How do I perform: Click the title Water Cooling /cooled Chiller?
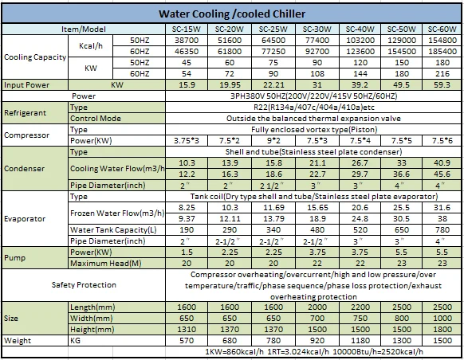(x=232, y=14)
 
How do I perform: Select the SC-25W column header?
(x=273, y=29)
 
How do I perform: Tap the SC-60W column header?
(x=442, y=29)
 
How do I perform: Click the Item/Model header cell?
(x=84, y=29)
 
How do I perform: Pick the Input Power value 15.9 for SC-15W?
(x=187, y=85)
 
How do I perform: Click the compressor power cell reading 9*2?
(x=273, y=141)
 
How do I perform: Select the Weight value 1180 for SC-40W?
(x=360, y=341)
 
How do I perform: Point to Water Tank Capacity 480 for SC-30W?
(x=317, y=230)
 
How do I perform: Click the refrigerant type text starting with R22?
(x=314, y=108)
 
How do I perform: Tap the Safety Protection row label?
(x=84, y=285)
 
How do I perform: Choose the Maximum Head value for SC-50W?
(x=401, y=264)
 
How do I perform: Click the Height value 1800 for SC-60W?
(x=442, y=329)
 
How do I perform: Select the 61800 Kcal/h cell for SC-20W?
(x=230, y=52)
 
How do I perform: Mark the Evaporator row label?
(x=25, y=219)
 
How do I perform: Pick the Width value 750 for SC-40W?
(x=360, y=319)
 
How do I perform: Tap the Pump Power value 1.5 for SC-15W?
(x=187, y=252)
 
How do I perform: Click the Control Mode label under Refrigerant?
(x=96, y=119)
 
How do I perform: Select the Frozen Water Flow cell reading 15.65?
(x=317, y=208)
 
